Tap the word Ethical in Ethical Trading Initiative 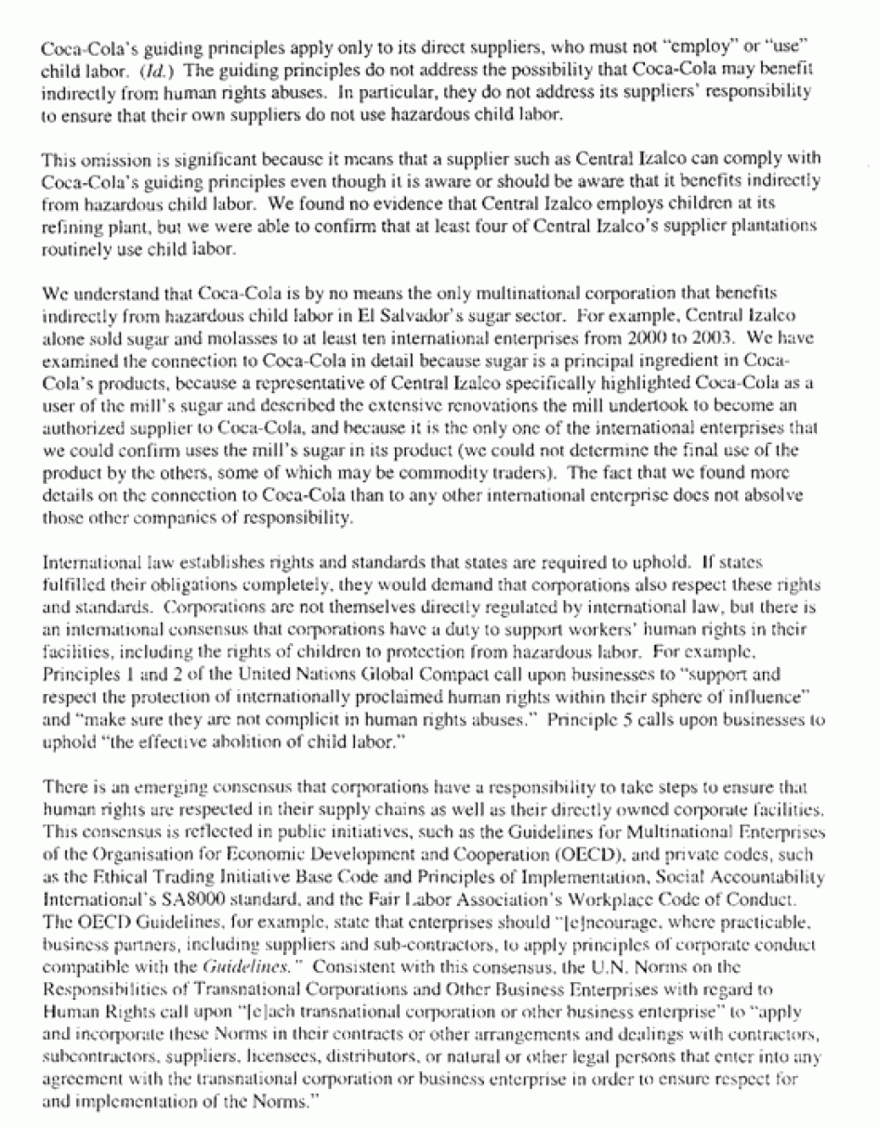(112, 877)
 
